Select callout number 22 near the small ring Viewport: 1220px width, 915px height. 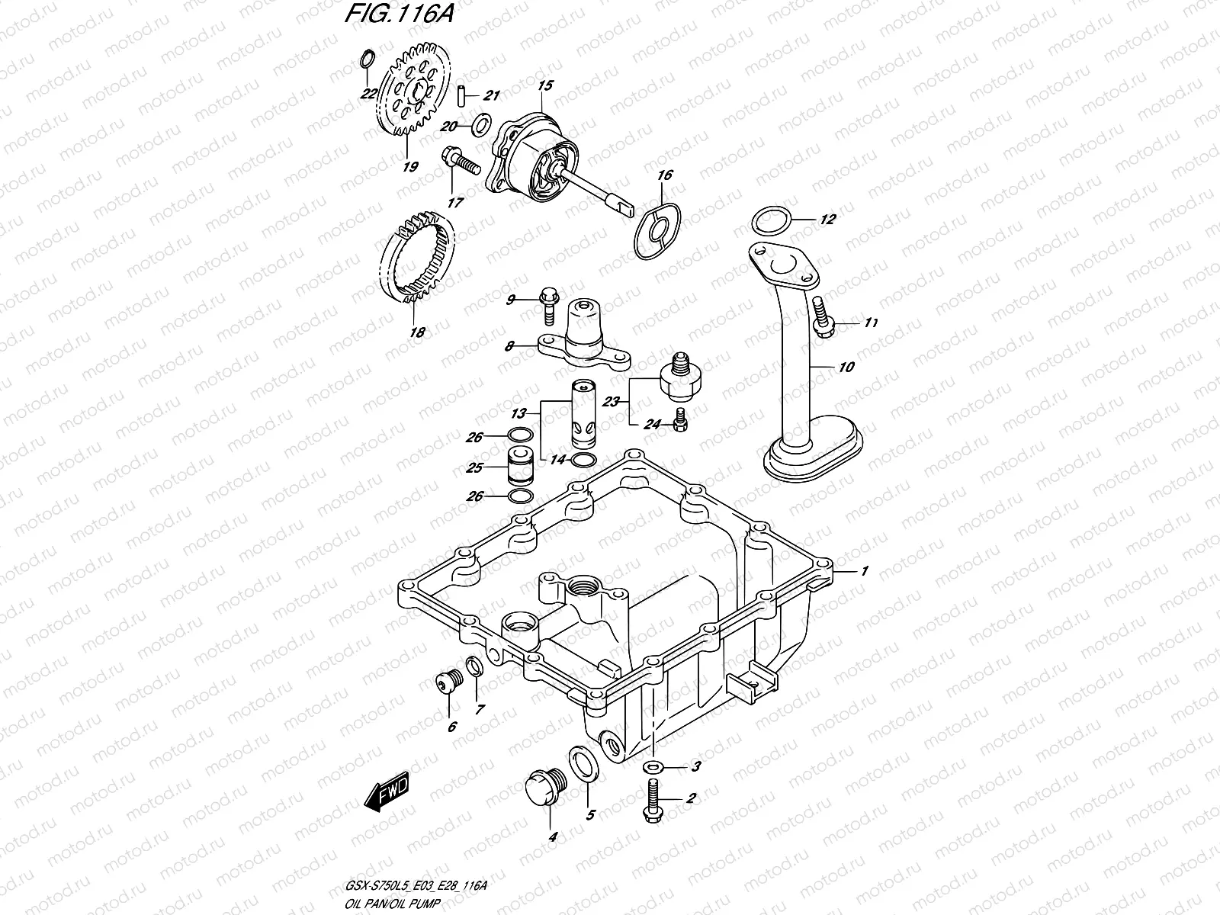tap(368, 95)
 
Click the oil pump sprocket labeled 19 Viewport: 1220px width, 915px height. tap(416, 98)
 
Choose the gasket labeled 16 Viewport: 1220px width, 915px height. tap(658, 229)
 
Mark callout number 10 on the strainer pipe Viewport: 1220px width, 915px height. tap(846, 367)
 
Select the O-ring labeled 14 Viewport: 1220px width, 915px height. tap(581, 460)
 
